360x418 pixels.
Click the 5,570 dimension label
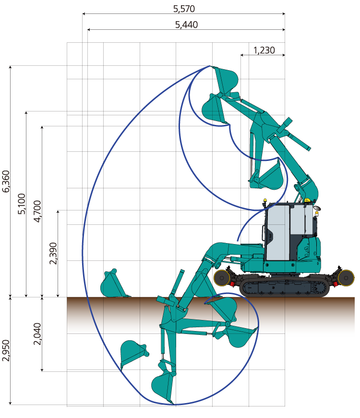point(184,9)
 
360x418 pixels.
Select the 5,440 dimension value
point(186,25)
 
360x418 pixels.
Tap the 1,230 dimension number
point(264,50)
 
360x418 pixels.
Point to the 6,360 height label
point(6,181)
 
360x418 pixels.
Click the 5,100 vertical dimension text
point(22,204)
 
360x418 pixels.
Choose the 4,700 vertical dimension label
point(37,211)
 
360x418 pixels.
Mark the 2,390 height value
point(53,253)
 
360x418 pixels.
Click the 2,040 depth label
point(37,334)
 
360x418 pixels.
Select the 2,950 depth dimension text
point(6,351)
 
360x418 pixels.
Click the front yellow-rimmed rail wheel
point(222,278)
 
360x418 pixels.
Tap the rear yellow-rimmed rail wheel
point(346,278)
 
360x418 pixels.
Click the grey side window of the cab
point(277,232)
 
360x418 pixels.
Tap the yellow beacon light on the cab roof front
point(265,200)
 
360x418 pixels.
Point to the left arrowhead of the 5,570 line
point(84,13)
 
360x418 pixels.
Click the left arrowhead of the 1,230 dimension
point(242,55)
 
